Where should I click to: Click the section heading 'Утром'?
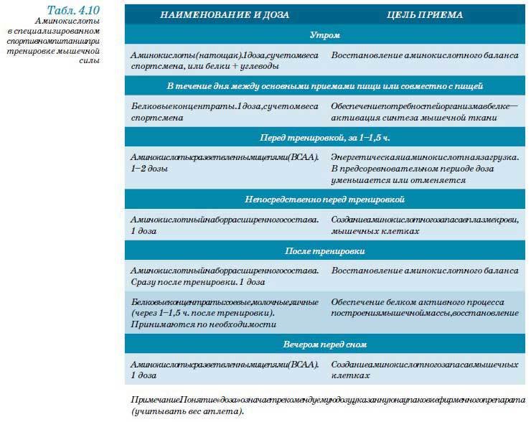324,34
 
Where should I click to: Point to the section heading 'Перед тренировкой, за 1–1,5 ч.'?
324,136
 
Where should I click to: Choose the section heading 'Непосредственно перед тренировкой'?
324,198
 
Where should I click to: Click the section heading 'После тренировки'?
324,251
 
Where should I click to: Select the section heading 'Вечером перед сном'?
324,345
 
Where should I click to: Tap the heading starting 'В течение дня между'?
324,86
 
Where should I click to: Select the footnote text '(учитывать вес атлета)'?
188,411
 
